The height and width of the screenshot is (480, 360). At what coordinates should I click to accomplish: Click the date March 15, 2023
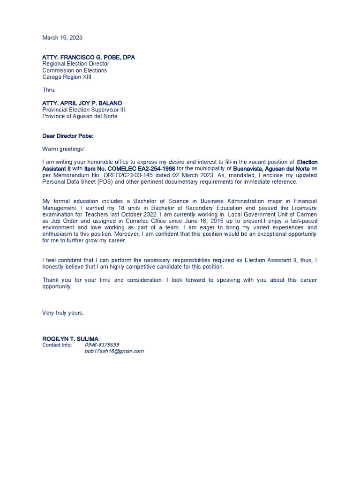(x=62, y=37)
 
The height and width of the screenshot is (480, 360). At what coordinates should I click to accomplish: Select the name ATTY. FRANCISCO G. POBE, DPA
(x=89, y=57)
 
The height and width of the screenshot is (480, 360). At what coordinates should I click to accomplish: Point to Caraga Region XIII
(x=67, y=77)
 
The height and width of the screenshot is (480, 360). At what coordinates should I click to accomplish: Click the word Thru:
(x=49, y=90)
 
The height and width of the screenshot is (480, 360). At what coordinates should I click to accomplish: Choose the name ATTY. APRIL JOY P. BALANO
(x=82, y=103)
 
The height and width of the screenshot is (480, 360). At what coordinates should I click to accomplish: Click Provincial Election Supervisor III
(x=83, y=110)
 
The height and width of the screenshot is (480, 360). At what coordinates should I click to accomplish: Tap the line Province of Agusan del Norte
(x=80, y=116)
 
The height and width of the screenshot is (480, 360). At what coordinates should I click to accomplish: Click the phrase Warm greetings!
(x=64, y=149)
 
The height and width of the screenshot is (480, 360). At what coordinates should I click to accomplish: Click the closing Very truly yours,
(x=63, y=312)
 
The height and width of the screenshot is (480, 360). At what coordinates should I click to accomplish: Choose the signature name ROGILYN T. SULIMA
(x=70, y=338)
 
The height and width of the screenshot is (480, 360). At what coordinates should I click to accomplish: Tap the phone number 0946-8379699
(x=102, y=345)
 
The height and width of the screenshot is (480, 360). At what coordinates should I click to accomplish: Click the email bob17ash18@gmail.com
(x=114, y=351)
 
